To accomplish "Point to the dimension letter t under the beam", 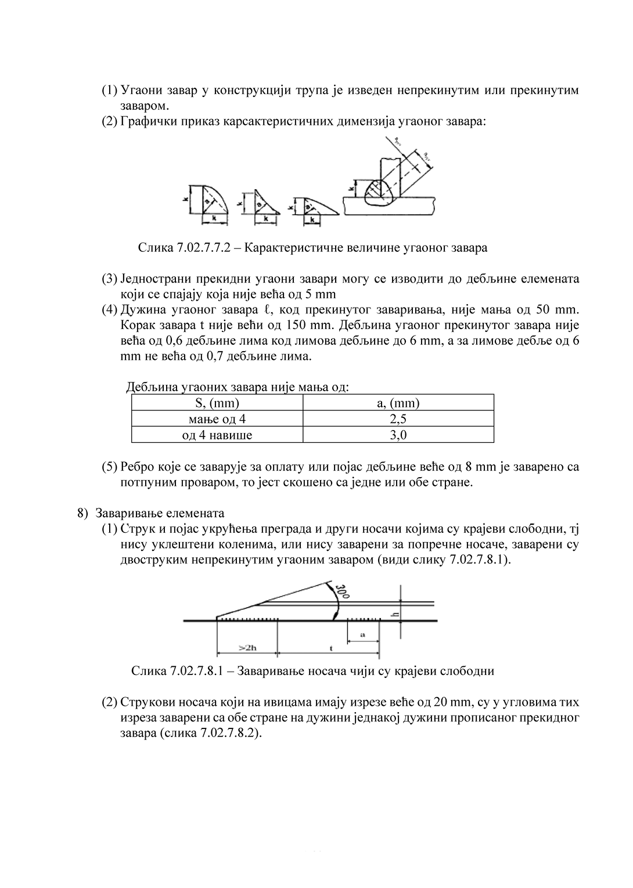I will coord(330,648).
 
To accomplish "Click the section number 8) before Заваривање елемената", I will coord(82,514).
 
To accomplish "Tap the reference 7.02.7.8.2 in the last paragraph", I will coord(226,734).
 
